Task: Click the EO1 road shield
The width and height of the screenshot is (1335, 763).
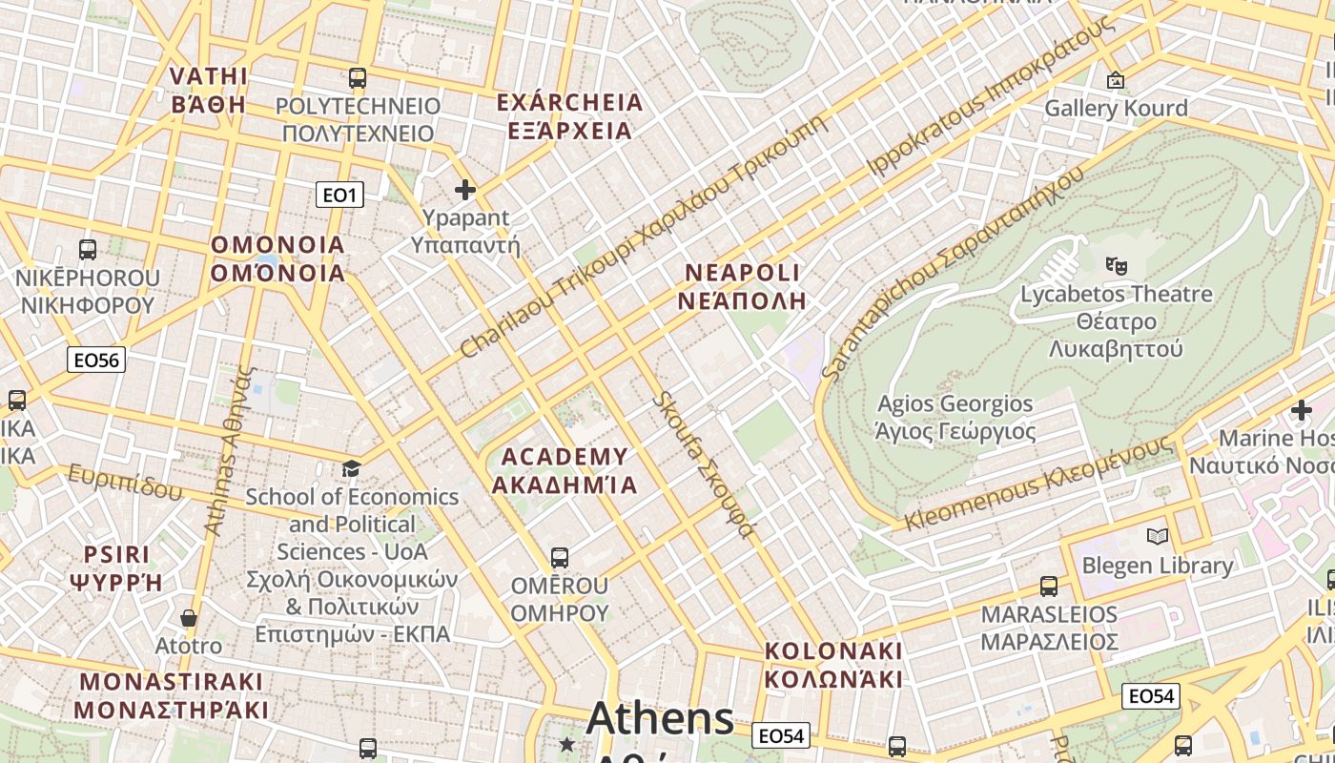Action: pos(339,196)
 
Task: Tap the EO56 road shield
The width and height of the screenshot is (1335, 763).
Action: pos(97,360)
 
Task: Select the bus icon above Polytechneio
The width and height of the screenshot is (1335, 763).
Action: pos(358,78)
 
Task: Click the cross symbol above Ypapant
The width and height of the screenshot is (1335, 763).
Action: pos(465,191)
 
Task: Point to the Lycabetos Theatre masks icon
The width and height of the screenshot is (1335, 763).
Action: pos(1116,264)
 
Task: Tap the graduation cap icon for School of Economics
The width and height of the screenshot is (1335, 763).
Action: pos(352,468)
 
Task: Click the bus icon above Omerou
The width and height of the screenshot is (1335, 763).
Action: pos(560,557)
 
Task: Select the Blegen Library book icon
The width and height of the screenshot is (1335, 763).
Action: pos(1158,537)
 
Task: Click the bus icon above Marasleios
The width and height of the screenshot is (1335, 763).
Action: pos(1049,586)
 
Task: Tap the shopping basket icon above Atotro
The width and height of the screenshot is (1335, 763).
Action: pos(189,618)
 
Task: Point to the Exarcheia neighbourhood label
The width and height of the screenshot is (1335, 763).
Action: pos(570,116)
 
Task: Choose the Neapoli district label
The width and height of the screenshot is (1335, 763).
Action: pos(743,287)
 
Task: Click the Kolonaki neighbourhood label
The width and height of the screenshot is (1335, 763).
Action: pos(833,665)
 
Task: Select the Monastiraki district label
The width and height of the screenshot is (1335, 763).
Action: pos(171,695)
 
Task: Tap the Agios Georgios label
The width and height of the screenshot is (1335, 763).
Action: pos(955,418)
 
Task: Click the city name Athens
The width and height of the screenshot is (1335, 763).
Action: pos(661,718)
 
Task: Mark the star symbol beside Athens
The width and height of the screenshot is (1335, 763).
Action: pos(567,744)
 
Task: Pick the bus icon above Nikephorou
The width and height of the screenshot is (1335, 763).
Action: pos(88,250)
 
